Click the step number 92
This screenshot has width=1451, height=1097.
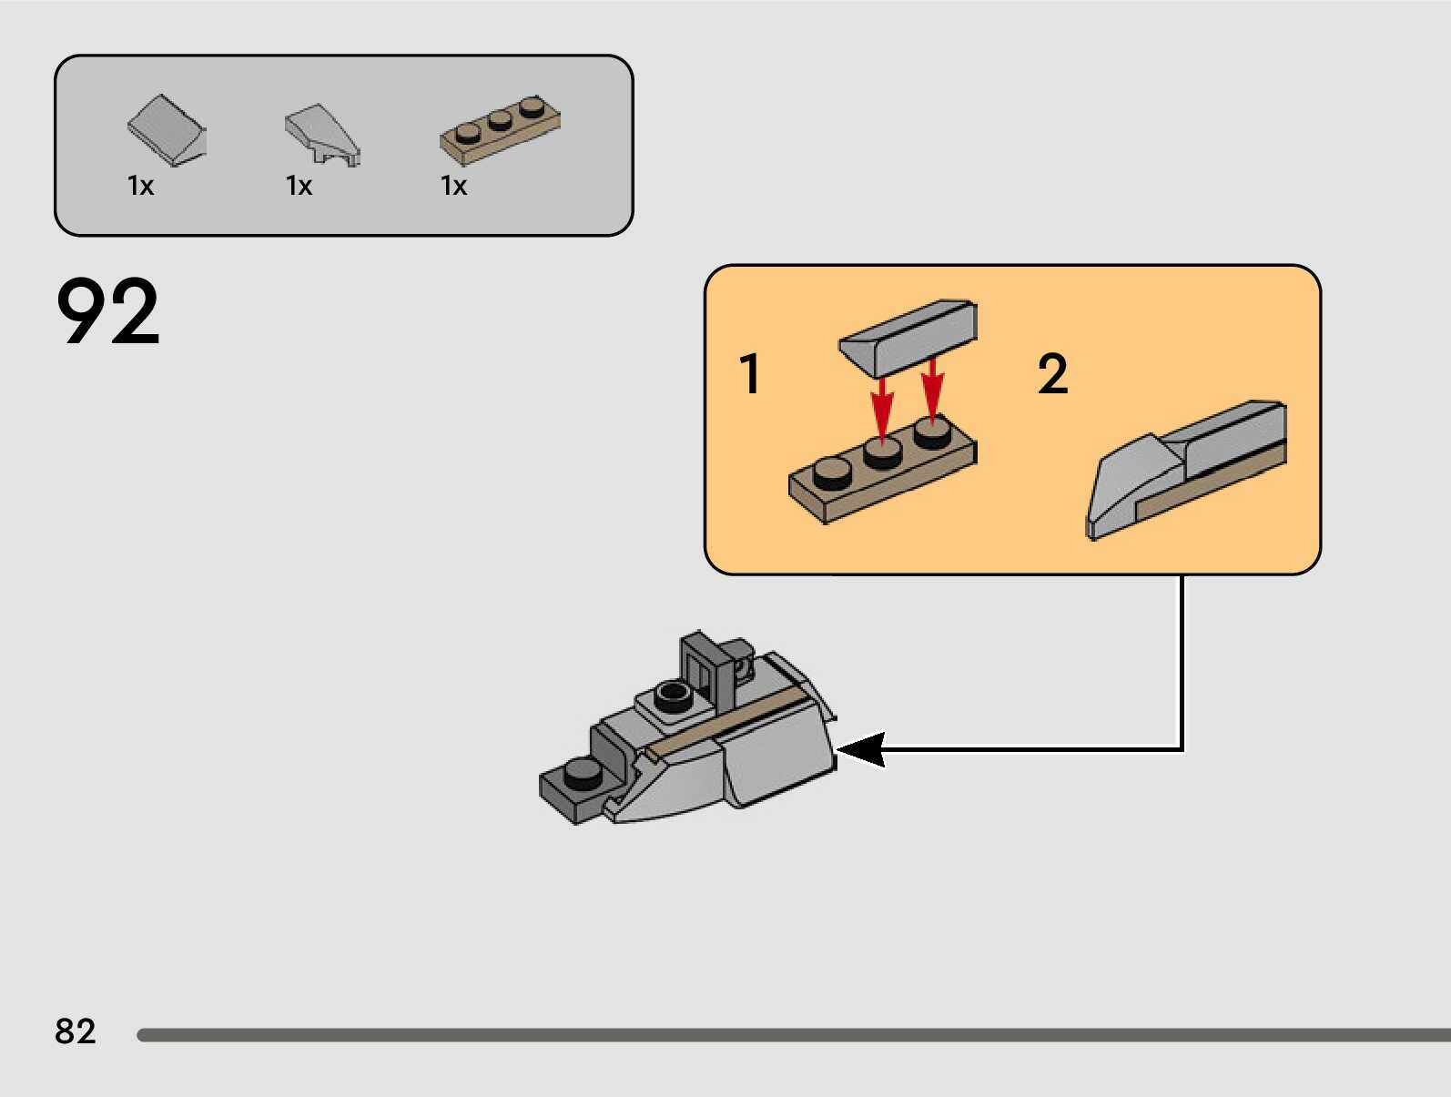(x=107, y=311)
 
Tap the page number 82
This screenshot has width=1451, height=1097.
(x=75, y=1031)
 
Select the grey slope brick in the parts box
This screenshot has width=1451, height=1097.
(x=167, y=129)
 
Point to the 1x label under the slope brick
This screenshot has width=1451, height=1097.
(x=141, y=186)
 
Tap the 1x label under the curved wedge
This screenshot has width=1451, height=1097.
(x=299, y=186)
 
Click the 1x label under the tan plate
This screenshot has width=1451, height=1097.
(x=453, y=186)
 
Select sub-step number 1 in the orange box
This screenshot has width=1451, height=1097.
(x=750, y=373)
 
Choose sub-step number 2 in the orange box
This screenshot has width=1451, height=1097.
(x=1052, y=373)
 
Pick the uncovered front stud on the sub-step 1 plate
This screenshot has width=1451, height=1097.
(x=832, y=471)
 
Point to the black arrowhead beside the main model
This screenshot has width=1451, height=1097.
(x=860, y=750)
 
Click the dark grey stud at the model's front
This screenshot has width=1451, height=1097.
(x=583, y=773)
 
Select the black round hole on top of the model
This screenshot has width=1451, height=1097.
(x=672, y=695)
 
